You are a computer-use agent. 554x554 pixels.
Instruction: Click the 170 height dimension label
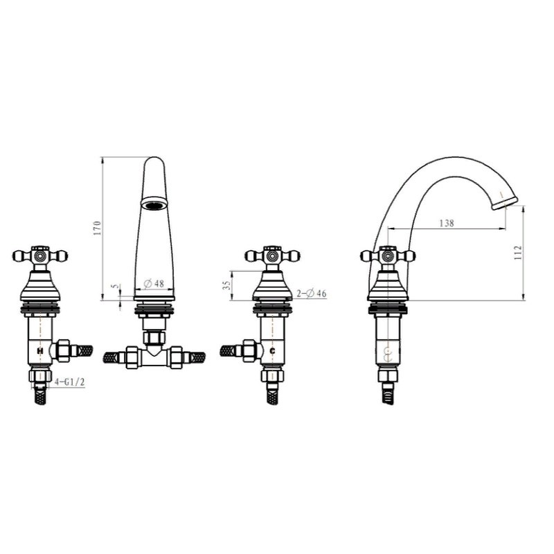point(98,229)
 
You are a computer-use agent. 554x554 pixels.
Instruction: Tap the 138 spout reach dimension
point(447,223)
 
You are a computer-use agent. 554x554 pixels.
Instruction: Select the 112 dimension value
point(518,253)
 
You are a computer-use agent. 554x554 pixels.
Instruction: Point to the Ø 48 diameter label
point(154,283)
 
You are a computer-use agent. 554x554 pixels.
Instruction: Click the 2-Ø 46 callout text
point(312,293)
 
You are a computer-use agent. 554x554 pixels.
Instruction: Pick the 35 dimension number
point(229,285)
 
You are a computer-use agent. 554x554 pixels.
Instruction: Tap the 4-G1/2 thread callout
point(70,382)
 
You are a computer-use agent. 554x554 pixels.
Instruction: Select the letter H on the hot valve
point(40,351)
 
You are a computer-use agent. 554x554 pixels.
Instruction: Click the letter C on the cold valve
point(272,351)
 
